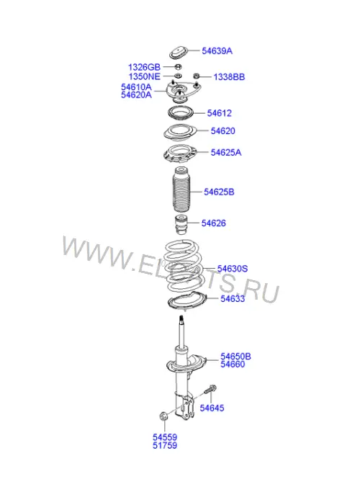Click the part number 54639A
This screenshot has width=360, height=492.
tap(217, 51)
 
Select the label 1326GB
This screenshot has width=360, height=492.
tap(144, 67)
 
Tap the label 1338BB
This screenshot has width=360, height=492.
tap(229, 77)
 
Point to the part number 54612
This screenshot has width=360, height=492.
tap(219, 113)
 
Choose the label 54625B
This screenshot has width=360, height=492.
tap(219, 192)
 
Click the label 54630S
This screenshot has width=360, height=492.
tap(233, 269)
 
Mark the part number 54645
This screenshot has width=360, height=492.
tap(212, 408)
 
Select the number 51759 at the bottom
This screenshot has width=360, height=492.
tap(165, 445)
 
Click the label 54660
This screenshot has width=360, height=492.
tap(233, 364)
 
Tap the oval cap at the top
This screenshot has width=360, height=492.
tap(179, 53)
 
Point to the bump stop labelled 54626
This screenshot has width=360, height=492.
tap(181, 224)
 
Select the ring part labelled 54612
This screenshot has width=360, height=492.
tap(181, 113)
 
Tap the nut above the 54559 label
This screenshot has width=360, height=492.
tap(163, 416)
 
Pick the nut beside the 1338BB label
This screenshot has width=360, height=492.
tap(197, 76)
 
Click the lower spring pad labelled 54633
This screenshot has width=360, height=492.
tap(187, 302)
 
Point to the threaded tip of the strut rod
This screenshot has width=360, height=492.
tap(181, 319)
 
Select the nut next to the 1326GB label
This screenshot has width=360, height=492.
tap(178, 66)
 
